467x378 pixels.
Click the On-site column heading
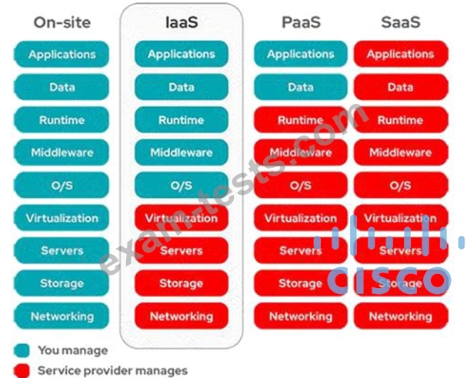coord(62,22)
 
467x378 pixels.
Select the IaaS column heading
coord(181,22)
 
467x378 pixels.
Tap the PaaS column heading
coord(300,22)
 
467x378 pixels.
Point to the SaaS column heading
coord(400,22)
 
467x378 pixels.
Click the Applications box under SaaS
coord(400,55)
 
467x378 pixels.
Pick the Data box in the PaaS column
coord(300,87)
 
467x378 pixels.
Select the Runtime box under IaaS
coord(181,120)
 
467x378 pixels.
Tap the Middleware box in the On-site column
coord(62,152)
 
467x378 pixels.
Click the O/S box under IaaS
coord(181,186)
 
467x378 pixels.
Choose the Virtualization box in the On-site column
coord(62,218)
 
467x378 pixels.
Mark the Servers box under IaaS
coord(181,251)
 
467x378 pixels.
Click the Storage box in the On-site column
coord(62,283)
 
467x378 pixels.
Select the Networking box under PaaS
coord(300,316)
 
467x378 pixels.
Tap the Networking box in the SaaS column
coord(400,316)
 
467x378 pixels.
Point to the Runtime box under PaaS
coord(300,120)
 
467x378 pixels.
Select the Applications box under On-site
coord(62,55)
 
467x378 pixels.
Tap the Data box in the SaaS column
coord(400,87)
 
